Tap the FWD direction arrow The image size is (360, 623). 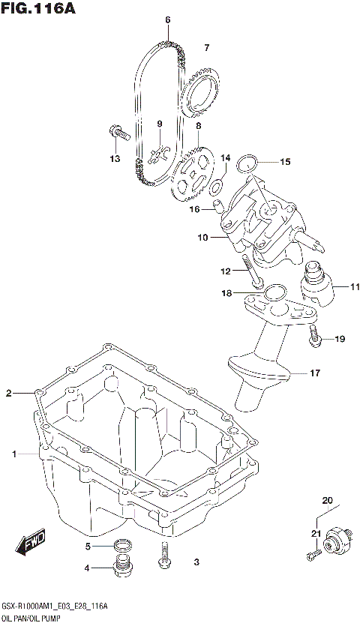tap(32, 545)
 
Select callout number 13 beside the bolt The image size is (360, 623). tap(115, 158)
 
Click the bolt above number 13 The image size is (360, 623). tap(116, 133)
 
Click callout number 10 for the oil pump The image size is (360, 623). tap(202, 238)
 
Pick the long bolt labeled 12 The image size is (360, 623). tap(252, 272)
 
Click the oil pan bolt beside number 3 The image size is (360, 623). tap(163, 556)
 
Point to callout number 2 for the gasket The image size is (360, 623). tap(9, 393)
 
